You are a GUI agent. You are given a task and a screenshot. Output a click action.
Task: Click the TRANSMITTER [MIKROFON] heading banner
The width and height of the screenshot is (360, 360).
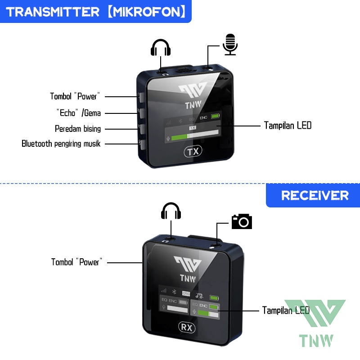(x=96, y=11)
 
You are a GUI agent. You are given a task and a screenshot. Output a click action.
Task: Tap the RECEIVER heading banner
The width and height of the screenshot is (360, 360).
(x=315, y=195)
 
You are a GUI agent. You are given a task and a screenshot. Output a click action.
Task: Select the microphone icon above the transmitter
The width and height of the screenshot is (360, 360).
(x=230, y=44)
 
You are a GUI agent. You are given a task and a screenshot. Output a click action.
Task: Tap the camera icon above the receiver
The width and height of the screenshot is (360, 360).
(x=242, y=221)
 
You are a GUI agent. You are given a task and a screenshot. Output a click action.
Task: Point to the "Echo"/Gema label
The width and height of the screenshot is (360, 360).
(x=79, y=112)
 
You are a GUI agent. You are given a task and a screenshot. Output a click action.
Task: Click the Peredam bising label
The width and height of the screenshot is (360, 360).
(x=78, y=129)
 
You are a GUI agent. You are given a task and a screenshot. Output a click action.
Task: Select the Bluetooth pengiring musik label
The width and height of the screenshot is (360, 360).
(x=61, y=144)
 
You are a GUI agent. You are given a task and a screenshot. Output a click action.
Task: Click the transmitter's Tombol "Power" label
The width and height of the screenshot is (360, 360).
(x=75, y=96)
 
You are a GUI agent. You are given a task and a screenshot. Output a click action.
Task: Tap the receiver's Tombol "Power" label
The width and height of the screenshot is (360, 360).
(x=77, y=262)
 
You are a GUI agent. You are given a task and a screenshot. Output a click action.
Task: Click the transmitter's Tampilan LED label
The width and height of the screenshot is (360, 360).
(x=288, y=126)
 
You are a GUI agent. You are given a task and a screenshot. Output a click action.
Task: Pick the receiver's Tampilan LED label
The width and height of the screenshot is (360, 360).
(x=286, y=310)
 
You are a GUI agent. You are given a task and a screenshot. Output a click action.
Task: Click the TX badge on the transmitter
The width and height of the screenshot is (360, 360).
(x=193, y=152)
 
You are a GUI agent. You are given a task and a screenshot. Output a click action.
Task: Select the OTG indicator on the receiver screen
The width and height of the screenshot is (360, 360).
(x=186, y=292)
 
